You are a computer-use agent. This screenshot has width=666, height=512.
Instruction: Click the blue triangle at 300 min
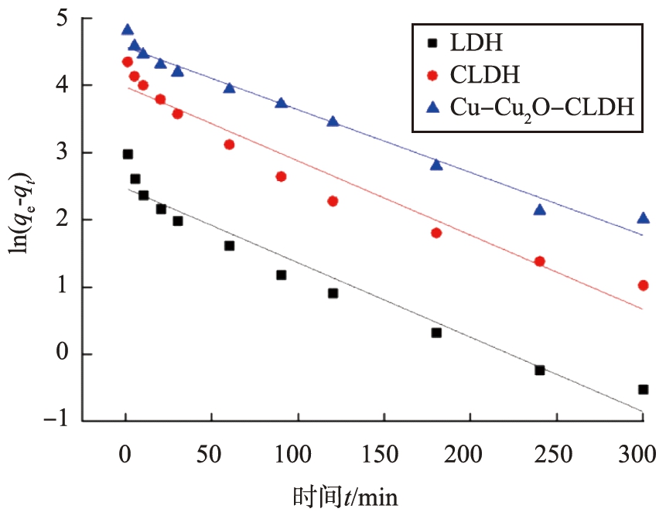(643, 218)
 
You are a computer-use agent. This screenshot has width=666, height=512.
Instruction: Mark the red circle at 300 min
(643, 285)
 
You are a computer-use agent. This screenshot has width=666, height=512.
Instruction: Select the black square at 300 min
(643, 390)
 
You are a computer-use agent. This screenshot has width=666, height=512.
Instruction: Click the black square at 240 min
(540, 370)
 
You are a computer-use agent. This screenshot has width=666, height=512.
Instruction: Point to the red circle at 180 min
(436, 233)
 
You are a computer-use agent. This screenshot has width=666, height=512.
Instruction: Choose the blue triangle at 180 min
(436, 165)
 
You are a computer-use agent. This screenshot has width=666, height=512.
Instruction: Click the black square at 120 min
(333, 293)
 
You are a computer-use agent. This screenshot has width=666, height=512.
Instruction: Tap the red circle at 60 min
(229, 145)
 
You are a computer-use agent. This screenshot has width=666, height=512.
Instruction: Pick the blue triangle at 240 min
(540, 210)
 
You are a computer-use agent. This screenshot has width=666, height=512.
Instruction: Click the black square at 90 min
(281, 275)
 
